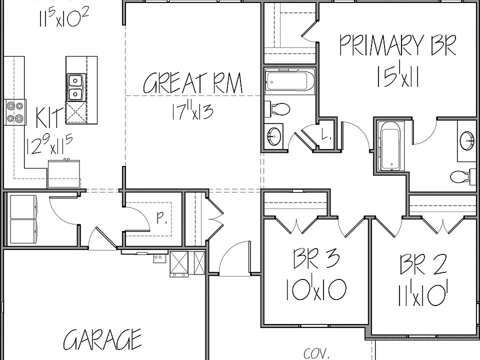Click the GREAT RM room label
[193, 83]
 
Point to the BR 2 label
[423, 264]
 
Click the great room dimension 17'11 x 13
[193, 110]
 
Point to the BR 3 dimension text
[316, 289]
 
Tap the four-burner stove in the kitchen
[15, 112]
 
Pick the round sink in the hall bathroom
[274, 135]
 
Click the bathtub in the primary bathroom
[390, 145]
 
